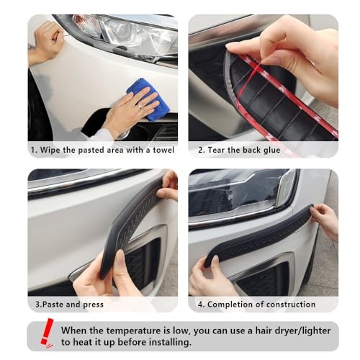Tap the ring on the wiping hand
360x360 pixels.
click(140, 106)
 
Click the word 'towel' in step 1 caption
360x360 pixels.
click(163, 150)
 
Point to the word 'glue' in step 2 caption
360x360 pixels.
click(271, 150)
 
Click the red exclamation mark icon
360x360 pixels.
click(48, 333)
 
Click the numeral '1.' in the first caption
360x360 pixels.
click(34, 150)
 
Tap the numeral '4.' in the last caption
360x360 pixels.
click(201, 305)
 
